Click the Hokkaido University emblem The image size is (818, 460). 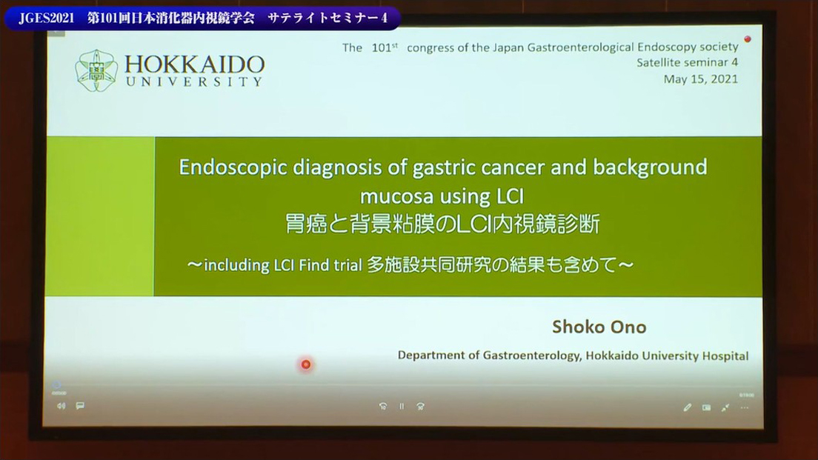tap(96, 71)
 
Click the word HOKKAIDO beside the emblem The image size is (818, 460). tap(195, 64)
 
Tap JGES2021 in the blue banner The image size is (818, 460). tap(47, 19)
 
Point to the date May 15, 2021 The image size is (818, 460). tap(701, 79)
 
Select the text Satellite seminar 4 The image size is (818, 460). tap(687, 62)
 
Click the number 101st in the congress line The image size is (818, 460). tap(385, 47)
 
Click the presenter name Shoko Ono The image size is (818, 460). tap(599, 327)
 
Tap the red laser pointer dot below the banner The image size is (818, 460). tap(306, 364)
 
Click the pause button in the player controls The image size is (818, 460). tap(402, 406)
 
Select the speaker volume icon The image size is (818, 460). tap(61, 406)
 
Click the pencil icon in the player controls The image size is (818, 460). tap(687, 407)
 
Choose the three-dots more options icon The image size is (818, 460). tap(745, 407)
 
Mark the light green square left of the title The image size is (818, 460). tap(100, 216)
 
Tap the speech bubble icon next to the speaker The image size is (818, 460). tap(80, 405)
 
